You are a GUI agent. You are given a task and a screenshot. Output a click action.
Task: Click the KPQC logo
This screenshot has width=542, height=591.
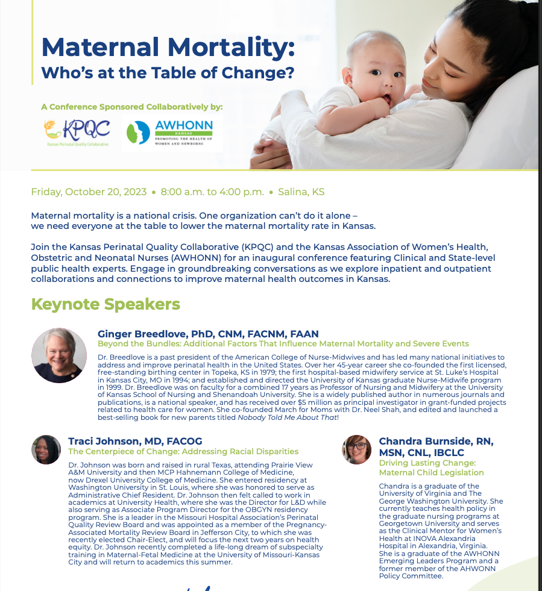coord(77,133)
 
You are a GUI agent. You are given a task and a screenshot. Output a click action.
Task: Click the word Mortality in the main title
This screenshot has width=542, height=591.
coord(231,47)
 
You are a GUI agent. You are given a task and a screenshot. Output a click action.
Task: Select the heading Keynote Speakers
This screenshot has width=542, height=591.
coord(106,304)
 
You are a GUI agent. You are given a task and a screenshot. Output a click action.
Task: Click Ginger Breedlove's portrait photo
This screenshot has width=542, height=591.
coord(59,355)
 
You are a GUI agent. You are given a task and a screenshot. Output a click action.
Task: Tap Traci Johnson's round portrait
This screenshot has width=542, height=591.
coord(46,449)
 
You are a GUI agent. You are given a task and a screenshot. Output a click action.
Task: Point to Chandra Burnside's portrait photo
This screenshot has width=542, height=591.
coord(356,449)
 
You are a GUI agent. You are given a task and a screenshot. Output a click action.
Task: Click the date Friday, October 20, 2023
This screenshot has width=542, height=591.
coord(89,192)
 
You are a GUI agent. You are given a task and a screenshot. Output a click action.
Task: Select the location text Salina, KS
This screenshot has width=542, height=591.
coord(301,192)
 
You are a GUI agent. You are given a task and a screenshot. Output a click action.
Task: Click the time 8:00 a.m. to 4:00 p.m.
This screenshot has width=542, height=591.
coord(212,192)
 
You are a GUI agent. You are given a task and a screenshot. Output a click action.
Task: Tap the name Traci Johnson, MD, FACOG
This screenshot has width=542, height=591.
coord(135,441)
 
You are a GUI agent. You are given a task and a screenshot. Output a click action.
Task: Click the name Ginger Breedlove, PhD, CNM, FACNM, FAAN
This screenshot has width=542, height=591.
coord(208,334)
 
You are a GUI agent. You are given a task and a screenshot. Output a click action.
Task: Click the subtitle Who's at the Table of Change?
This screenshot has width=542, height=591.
coord(168,73)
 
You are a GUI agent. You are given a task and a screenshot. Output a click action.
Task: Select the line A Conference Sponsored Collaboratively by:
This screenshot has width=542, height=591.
coord(132,107)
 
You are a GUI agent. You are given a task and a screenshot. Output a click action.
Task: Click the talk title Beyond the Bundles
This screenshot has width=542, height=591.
coord(283,344)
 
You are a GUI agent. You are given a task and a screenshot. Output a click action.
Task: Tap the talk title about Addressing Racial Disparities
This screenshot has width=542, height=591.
coord(183,452)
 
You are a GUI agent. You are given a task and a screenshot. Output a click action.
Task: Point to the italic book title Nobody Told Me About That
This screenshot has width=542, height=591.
coord(287,417)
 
